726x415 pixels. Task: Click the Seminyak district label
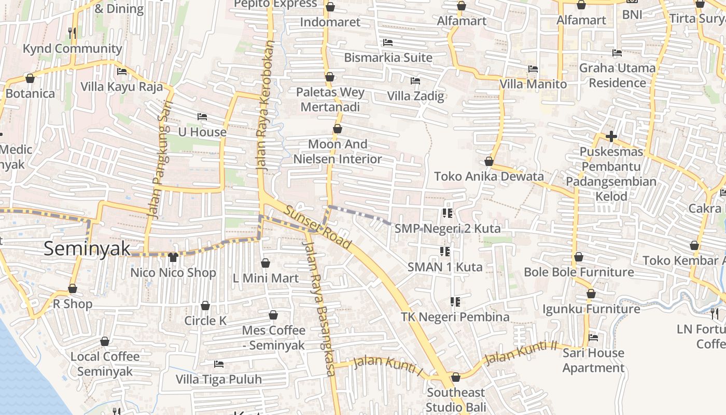87,248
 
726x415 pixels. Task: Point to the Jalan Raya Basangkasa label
320,310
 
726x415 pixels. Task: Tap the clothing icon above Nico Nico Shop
173,257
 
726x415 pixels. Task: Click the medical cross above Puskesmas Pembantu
611,137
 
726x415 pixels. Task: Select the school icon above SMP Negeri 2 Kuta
447,213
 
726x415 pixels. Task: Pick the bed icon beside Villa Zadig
415,81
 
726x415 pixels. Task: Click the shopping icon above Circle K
205,306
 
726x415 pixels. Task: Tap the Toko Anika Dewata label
488,176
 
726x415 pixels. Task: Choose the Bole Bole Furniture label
579,272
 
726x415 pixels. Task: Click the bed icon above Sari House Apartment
593,338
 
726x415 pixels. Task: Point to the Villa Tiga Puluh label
218,380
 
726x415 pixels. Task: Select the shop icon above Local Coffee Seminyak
105,341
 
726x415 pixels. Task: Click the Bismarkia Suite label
388,58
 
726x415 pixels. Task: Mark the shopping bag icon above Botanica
30,78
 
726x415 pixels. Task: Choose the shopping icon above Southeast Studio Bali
456,377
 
